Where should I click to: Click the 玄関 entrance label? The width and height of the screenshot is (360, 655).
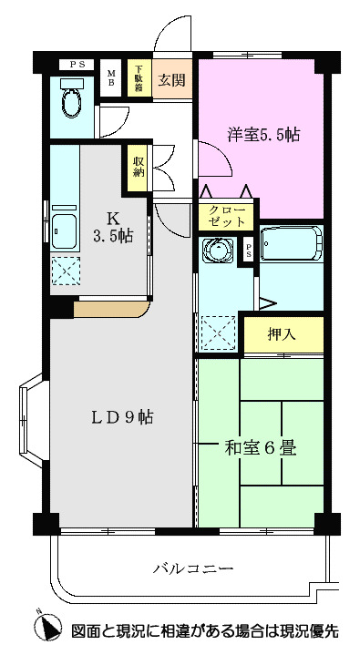tap(171, 78)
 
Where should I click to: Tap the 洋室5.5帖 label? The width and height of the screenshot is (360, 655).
tap(263, 134)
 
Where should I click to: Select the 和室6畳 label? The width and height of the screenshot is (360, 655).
tap(260, 448)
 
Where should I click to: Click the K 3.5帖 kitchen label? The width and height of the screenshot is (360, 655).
tap(114, 227)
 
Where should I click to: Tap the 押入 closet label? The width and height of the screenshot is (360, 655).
tap(282, 334)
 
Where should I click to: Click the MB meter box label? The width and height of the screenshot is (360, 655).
tap(111, 78)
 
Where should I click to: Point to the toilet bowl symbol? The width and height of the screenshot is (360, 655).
tap(70, 102)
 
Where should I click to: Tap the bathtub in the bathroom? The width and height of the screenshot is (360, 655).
tap(291, 243)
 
